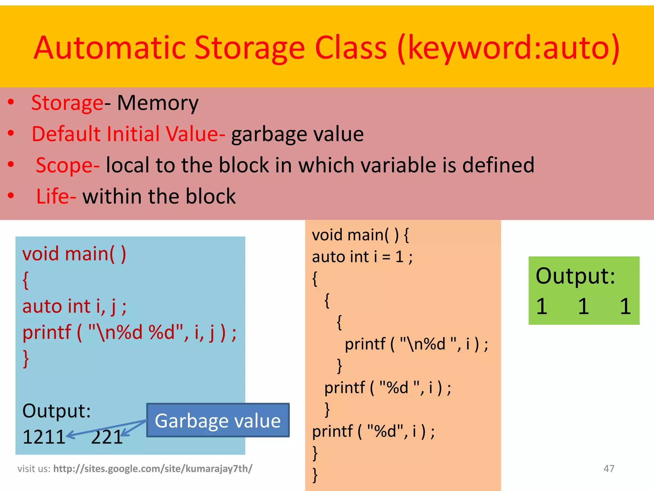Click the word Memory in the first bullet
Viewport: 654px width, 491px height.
pos(158,103)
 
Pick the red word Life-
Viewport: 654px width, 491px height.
pos(56,196)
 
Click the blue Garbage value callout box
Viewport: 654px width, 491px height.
pos(218,420)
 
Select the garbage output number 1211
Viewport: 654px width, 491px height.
pos(44,437)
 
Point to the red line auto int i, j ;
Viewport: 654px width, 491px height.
pos(74,306)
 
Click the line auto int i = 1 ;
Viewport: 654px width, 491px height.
pos(362,257)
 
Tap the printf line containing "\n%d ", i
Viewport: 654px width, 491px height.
pos(416,344)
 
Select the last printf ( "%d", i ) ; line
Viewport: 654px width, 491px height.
pos(373,431)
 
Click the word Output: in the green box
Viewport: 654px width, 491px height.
pos(575,276)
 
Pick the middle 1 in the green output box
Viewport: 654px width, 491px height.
pos(583,306)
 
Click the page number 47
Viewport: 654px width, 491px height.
pos(609,469)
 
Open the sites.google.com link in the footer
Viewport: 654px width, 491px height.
pos(153,469)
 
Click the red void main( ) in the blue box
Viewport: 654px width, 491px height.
pos(74,254)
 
